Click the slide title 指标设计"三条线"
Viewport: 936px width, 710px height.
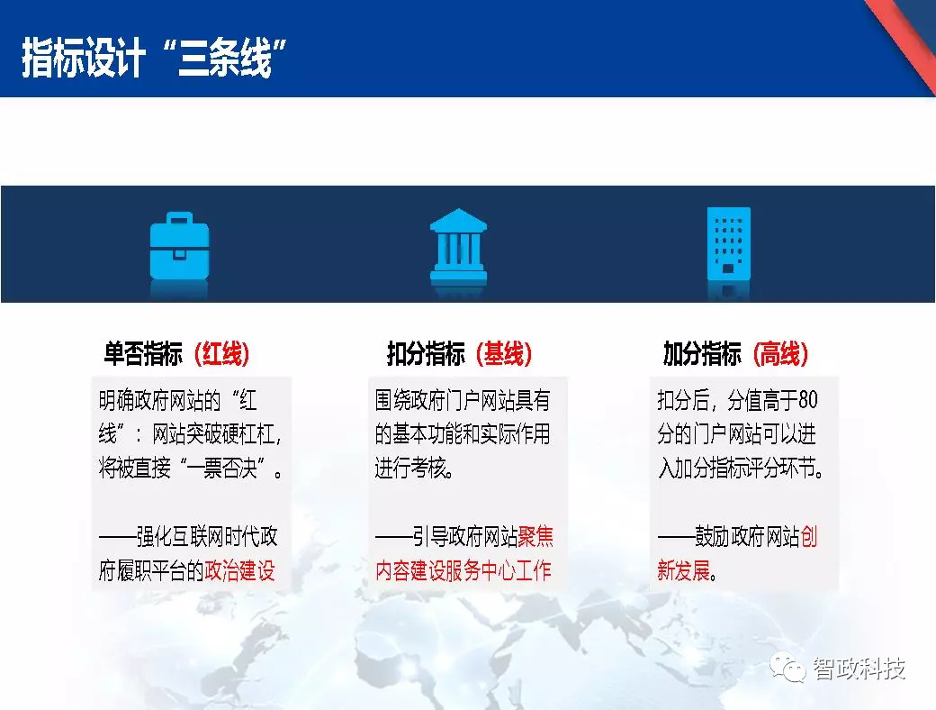pos(154,57)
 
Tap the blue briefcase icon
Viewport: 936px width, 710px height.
pos(179,246)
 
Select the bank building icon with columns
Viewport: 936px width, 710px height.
pos(458,245)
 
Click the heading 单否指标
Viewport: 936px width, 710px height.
pos(143,353)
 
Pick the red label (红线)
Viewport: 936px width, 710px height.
pos(221,353)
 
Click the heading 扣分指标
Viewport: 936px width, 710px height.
pos(426,353)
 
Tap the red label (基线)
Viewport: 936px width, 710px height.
pos(504,353)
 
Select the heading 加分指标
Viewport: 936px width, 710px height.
pos(702,353)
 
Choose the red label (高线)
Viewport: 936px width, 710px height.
pos(780,353)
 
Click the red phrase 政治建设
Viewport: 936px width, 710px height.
pos(239,570)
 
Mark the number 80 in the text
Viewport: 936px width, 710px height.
pos(807,400)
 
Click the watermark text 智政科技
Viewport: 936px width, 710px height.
pos(859,669)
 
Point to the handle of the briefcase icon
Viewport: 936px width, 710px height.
pos(179,217)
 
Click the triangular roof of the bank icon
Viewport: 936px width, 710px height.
pos(458,219)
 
